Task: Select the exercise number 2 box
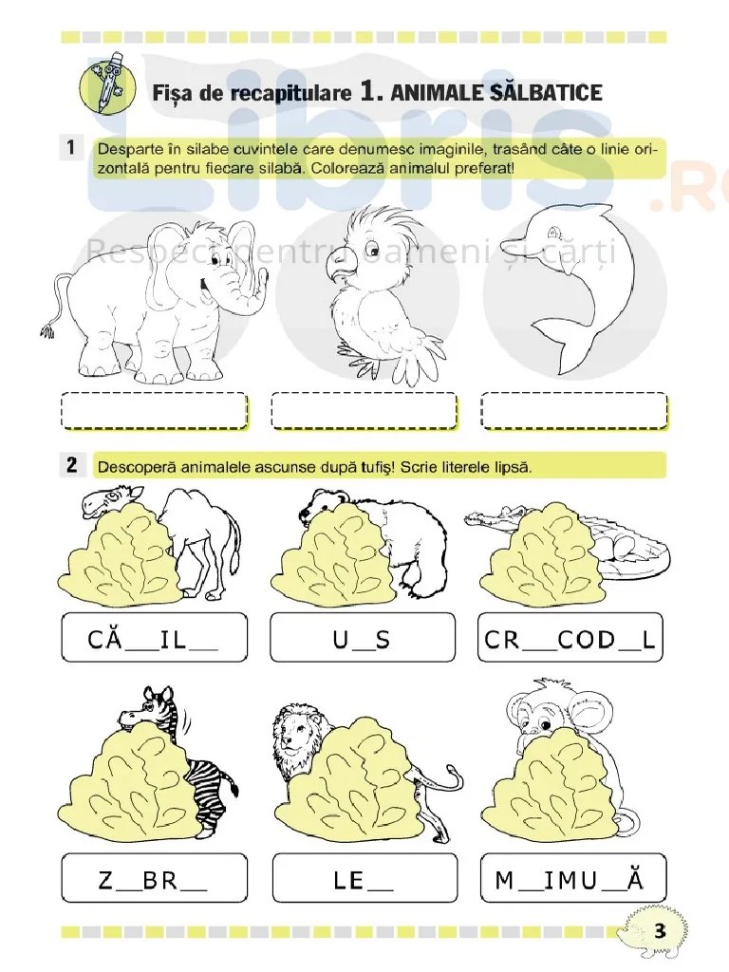point(72,464)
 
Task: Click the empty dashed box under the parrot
point(364,410)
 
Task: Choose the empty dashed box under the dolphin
point(574,410)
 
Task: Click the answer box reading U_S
point(363,637)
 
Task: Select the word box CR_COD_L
point(570,637)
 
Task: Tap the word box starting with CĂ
point(155,637)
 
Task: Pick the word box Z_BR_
point(155,878)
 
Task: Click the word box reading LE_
point(364,878)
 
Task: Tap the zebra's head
point(144,710)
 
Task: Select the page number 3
point(659,930)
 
